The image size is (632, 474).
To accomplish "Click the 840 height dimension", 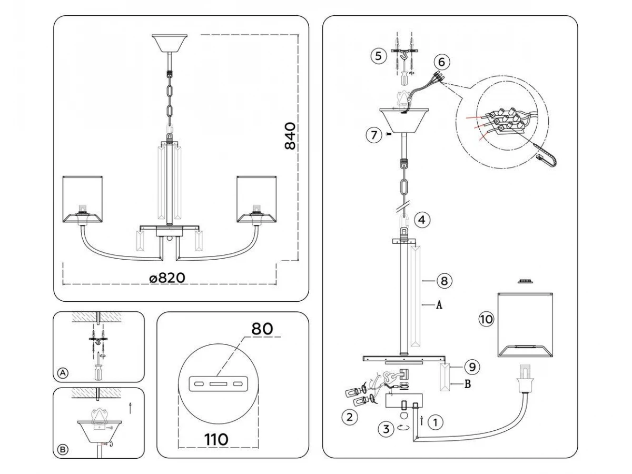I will tap(290, 136).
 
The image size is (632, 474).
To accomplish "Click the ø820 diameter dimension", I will tap(167, 278).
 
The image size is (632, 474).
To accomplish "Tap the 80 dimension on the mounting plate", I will tap(262, 329).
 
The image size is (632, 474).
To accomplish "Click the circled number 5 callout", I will tap(378, 56).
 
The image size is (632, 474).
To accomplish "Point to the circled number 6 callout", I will tap(441, 62).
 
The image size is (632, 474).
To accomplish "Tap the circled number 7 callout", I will tap(373, 135).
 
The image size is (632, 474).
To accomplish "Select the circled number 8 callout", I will tap(444, 281).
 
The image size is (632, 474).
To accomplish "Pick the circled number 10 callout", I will tap(486, 318).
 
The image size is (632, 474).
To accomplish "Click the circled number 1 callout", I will tap(434, 421).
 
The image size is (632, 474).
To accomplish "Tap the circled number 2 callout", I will tap(348, 418).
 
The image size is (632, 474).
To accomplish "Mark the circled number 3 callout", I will tap(386, 429).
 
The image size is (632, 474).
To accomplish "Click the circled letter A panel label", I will tap(63, 373).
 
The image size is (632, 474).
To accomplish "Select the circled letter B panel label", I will tap(63, 449).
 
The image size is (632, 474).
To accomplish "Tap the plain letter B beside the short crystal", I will tap(467, 384).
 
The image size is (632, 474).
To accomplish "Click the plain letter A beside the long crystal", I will tap(438, 304).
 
